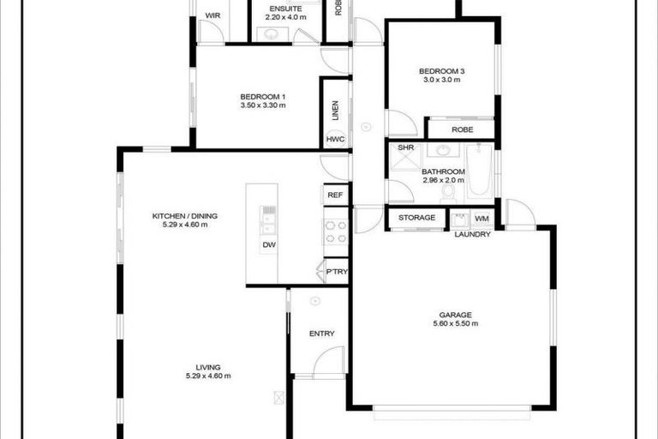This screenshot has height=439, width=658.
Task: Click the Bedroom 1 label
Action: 262,96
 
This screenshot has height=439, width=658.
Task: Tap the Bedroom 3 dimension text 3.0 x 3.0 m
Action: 441,80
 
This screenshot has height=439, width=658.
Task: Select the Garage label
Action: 457,314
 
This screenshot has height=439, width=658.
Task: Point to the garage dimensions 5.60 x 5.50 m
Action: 456,324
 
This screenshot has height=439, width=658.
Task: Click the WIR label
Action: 212,15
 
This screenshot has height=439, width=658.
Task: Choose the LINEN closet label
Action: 335,112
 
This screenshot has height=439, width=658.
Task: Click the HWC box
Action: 335,140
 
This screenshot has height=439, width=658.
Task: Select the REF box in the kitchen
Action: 336,195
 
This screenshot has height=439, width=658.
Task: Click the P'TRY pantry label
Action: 336,272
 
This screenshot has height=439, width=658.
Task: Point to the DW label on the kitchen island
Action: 268,244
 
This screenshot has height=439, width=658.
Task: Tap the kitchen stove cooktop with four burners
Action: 335,232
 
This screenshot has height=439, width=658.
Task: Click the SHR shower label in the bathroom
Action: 405,148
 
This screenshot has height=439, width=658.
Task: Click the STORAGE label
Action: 416,218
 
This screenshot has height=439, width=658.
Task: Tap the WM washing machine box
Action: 482,219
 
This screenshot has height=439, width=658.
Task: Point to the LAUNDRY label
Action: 472,235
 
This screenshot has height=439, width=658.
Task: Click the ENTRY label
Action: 321,334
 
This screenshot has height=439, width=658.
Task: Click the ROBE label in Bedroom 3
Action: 462,129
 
